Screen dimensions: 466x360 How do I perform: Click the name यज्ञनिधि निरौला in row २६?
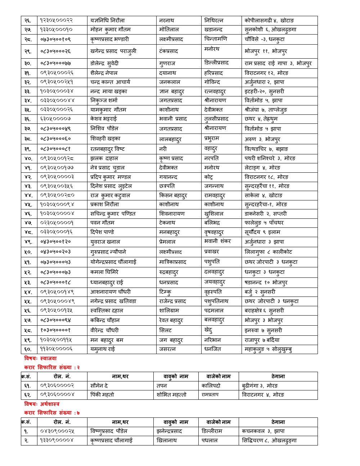point(108,21)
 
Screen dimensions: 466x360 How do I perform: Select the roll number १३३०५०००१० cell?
point(57,30)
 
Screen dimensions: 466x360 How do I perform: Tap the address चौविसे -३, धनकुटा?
point(265,39)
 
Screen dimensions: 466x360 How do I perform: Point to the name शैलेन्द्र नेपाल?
point(104,73)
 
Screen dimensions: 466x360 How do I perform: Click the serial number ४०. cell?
point(28,159)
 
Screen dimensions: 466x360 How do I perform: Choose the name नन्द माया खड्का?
point(109,91)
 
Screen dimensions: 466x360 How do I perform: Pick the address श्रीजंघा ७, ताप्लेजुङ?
point(266,110)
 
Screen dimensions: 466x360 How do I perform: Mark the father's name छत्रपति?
point(167,186)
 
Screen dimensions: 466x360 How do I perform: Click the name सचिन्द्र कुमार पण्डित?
point(113,214)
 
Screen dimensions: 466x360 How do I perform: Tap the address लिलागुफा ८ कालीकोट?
point(268,252)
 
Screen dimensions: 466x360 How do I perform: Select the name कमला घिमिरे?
point(104,272)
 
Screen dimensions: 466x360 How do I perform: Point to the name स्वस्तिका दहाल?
point(107,311)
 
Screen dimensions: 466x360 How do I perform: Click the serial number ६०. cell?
point(28,349)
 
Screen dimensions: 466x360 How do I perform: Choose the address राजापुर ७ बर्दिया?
point(262,340)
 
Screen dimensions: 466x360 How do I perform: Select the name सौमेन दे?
point(99,386)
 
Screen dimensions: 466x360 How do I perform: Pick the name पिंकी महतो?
point(102,395)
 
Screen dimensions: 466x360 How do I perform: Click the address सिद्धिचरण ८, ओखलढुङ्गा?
point(269,440)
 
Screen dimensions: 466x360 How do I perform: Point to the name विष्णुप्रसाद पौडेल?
point(109,431)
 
